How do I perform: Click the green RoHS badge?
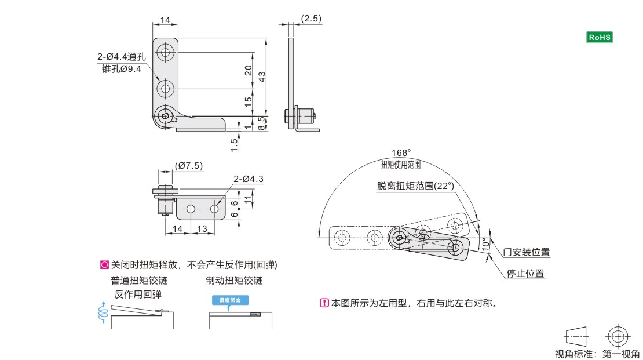click(x=600, y=37)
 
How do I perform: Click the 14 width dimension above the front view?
click(x=165, y=20)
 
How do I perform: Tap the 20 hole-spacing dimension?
click(x=248, y=70)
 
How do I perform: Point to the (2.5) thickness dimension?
click(x=311, y=19)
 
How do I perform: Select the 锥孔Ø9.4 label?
click(x=122, y=68)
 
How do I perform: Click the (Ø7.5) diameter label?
click(x=189, y=166)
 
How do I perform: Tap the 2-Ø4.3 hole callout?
click(x=249, y=179)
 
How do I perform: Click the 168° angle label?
click(x=400, y=152)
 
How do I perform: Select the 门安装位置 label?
click(x=527, y=252)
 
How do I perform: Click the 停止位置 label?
click(x=526, y=274)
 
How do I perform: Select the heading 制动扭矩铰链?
click(x=234, y=281)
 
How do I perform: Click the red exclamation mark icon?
click(x=324, y=303)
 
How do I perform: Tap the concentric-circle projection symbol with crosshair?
click(x=617, y=336)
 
